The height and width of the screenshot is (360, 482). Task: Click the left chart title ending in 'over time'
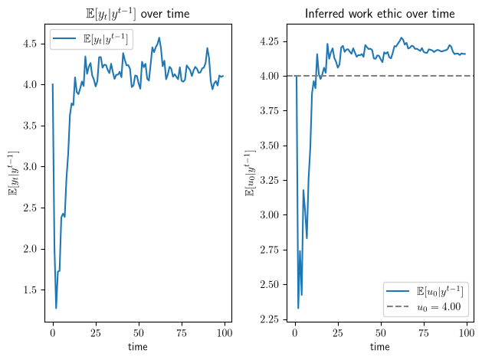coord(137,14)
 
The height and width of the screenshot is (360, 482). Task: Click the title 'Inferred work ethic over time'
coord(380,14)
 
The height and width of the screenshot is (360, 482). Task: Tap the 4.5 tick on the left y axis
coord(30,44)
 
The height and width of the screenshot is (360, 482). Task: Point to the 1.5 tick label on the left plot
coord(30,290)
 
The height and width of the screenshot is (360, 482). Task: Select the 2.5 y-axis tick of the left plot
coord(30,208)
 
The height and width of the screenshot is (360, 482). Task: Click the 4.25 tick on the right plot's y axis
coord(269,41)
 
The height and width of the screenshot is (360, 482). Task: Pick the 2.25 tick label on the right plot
coord(269,319)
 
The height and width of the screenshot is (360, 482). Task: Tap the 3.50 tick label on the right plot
coord(269,146)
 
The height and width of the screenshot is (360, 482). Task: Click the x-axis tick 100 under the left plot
coord(225,333)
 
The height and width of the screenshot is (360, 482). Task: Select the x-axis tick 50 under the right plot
coord(381,333)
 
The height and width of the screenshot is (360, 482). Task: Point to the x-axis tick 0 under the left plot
coord(53,333)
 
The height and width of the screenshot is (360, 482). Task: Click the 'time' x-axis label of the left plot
coord(138,347)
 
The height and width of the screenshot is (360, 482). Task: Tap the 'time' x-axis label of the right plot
coord(380,347)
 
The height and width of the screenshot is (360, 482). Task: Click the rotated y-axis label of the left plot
coord(14,173)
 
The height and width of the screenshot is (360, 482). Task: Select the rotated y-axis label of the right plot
coord(251,173)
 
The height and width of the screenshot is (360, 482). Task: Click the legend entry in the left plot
coord(90,39)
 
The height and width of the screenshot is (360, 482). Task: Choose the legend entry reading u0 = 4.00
coord(424,306)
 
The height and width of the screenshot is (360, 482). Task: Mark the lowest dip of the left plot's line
coord(56,308)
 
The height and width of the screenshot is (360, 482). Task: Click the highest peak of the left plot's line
coord(159,38)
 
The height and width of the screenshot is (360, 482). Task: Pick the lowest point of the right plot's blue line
coord(298,308)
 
